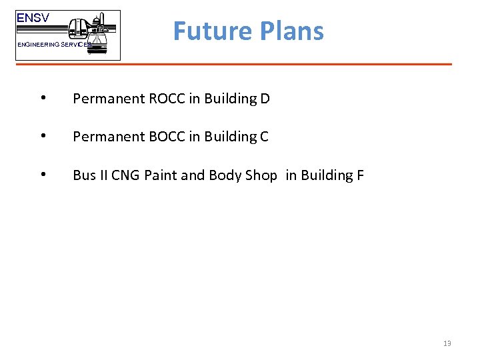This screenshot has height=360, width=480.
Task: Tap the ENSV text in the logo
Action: coord(33,19)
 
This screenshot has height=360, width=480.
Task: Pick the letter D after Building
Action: coord(265,99)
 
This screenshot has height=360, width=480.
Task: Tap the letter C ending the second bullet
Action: coord(263,137)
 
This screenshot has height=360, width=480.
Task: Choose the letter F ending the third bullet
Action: coord(360,175)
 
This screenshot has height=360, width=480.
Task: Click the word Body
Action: coord(225,176)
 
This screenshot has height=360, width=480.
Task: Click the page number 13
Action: coord(447,343)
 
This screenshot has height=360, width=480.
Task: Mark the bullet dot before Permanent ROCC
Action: coord(43,99)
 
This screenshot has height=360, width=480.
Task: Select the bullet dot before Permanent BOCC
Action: coord(43,137)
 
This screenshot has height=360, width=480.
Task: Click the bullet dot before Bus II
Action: coord(43,175)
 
